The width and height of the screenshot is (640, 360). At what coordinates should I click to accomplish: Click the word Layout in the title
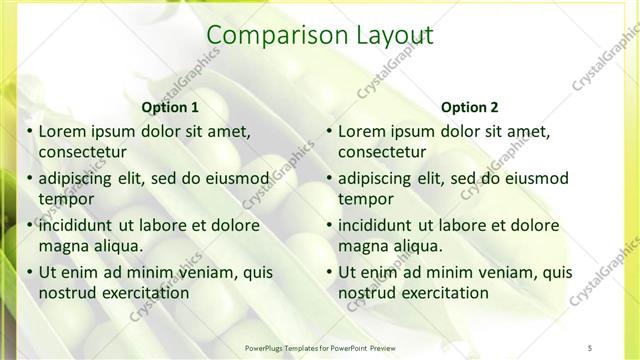pyautogui.click(x=396, y=36)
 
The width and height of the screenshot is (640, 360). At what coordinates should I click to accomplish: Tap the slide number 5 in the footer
pyautogui.click(x=590, y=346)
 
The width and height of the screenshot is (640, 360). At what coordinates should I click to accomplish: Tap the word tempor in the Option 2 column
pyautogui.click(x=366, y=199)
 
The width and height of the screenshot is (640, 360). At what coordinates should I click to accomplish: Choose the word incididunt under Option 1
pyautogui.click(x=82, y=225)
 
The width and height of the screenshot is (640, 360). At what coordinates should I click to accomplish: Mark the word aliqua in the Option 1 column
pyautogui.click(x=117, y=246)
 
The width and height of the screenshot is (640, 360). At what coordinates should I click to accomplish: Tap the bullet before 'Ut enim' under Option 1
pyautogui.click(x=28, y=272)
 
